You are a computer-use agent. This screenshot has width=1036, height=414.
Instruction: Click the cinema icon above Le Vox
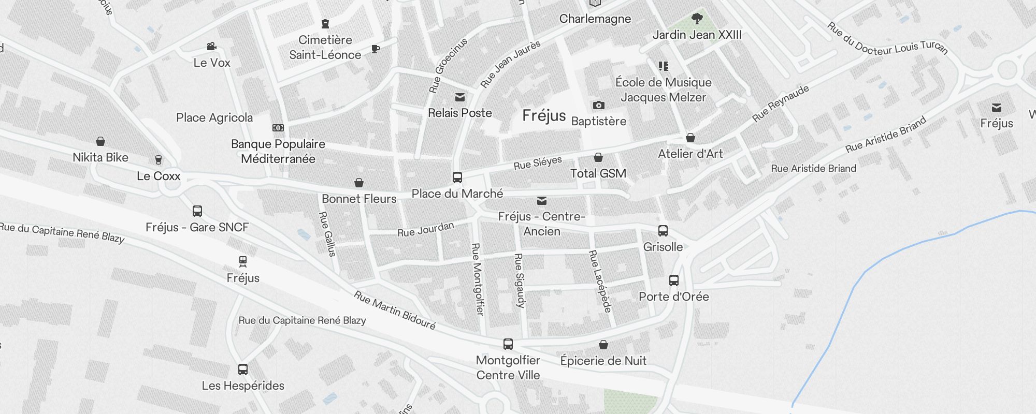[211, 47]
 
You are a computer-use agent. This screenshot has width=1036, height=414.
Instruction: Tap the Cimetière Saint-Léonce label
[325, 47]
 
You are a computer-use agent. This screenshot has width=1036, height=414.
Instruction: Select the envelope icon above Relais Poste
[459, 97]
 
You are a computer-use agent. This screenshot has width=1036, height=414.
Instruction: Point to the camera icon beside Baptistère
[598, 106]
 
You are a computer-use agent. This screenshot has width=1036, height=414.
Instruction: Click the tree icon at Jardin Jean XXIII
[697, 19]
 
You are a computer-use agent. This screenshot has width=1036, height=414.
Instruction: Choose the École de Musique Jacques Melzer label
[663, 90]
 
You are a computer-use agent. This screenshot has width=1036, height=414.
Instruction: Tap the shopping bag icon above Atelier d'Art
[690, 138]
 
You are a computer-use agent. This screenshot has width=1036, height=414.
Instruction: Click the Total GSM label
[598, 173]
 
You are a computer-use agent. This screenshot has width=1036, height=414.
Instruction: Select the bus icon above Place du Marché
[457, 178]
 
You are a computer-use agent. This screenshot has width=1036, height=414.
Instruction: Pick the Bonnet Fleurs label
[359, 199]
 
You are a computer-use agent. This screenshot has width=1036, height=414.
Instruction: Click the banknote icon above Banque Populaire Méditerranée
[278, 128]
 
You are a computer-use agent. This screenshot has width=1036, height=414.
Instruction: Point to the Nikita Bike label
[100, 157]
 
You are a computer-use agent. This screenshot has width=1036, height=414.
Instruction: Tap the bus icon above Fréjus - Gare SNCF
[197, 211]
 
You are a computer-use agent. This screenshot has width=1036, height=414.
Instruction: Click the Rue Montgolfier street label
[478, 279]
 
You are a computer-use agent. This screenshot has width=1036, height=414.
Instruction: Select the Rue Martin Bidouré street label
[395, 310]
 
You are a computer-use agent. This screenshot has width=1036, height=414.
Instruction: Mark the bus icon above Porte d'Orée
[673, 280]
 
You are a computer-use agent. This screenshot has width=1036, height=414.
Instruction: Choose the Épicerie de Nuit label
[603, 361]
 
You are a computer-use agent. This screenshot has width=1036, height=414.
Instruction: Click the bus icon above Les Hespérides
[242, 369]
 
